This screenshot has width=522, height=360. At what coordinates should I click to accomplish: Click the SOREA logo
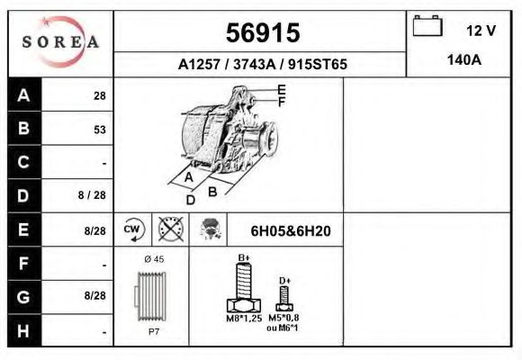click(x=60, y=42)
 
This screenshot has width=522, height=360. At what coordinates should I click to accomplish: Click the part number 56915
click(x=262, y=33)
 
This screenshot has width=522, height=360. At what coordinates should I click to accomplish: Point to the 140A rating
click(x=464, y=62)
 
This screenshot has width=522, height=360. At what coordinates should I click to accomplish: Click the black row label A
click(x=24, y=96)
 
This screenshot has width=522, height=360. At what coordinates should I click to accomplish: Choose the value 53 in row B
click(x=100, y=130)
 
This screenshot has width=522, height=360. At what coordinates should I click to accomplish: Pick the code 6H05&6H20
click(x=291, y=231)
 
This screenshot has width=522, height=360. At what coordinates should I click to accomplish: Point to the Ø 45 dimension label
click(x=156, y=259)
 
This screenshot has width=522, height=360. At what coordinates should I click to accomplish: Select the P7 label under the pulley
click(x=156, y=332)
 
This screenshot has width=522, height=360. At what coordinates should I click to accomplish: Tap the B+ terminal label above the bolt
click(x=244, y=258)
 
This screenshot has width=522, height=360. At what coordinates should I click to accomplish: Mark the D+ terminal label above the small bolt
click(x=284, y=281)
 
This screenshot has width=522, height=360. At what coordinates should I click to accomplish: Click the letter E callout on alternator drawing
click(x=282, y=89)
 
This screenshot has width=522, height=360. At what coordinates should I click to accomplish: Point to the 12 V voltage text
click(x=481, y=30)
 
